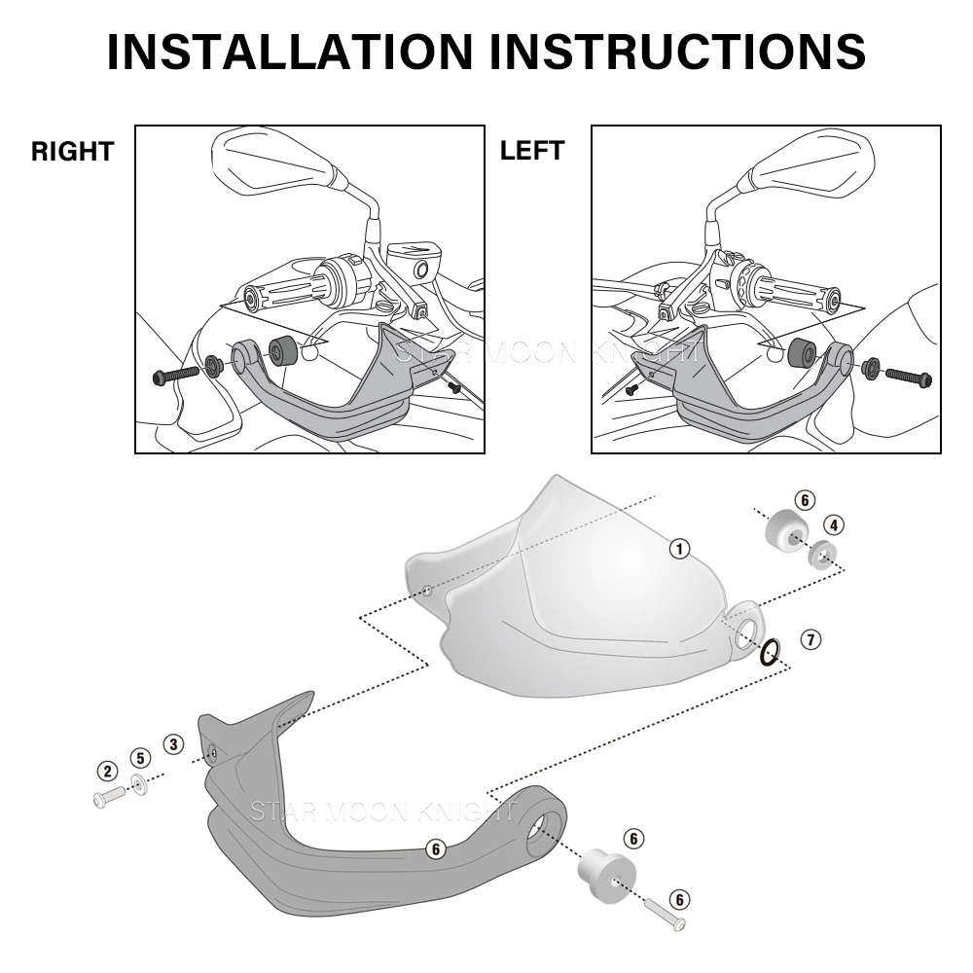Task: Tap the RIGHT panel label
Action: (x=73, y=152)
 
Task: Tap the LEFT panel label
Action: (x=531, y=152)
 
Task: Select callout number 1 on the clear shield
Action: (x=680, y=549)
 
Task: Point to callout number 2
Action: (x=106, y=772)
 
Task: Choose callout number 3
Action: (x=173, y=744)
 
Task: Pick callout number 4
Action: (x=837, y=524)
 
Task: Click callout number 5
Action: (x=140, y=757)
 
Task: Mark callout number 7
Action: (x=811, y=639)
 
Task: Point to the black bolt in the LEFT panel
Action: (x=908, y=375)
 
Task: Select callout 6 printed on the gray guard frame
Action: (x=435, y=849)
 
